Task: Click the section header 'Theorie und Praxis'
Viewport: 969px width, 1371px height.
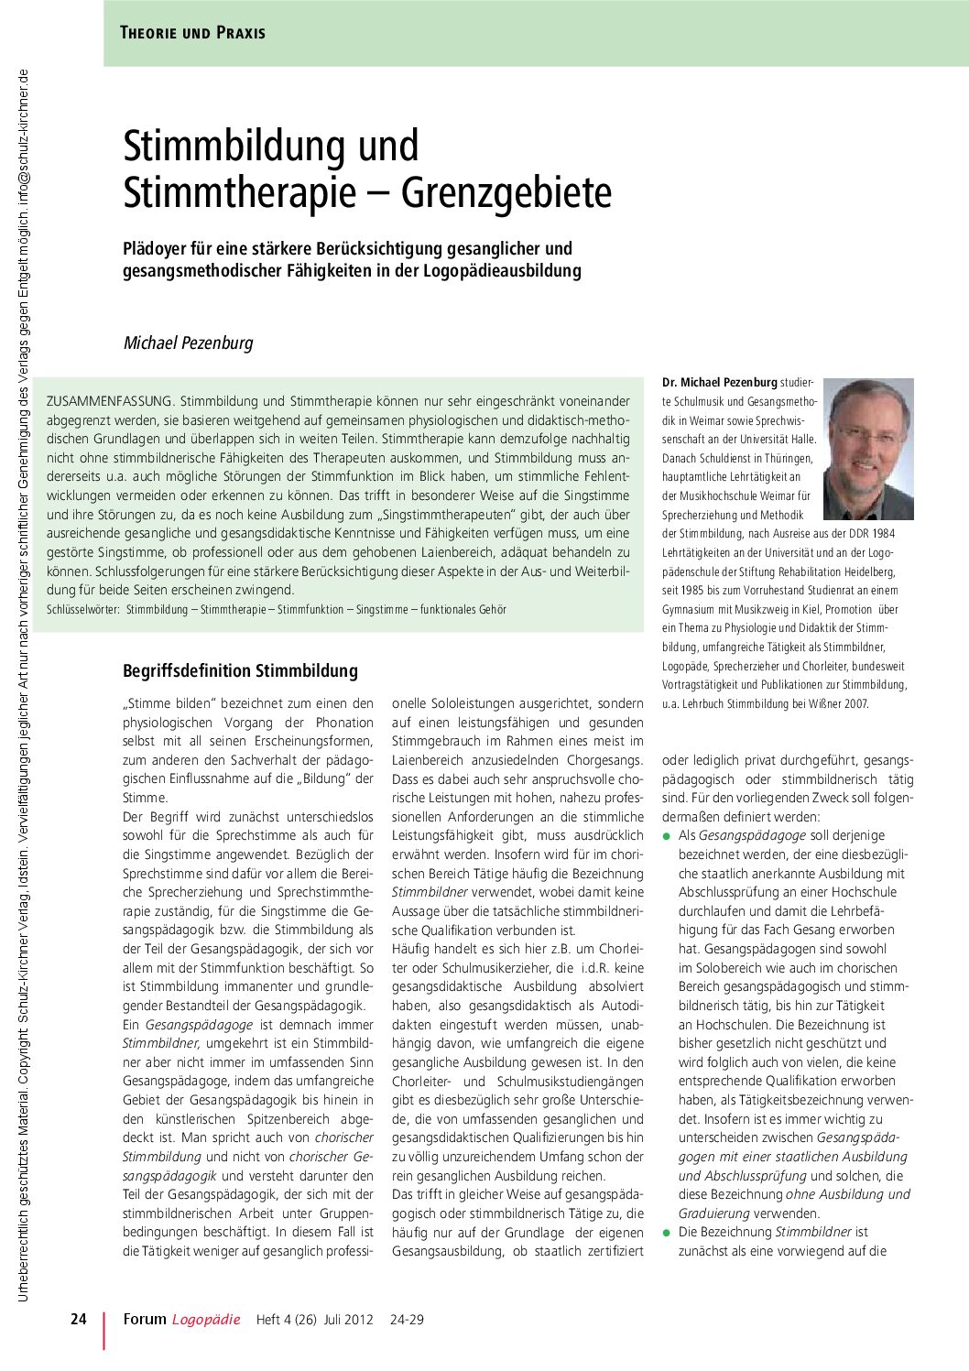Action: (192, 33)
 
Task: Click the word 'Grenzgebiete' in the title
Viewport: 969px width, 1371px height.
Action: (506, 192)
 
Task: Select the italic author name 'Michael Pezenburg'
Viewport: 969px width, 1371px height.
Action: (188, 343)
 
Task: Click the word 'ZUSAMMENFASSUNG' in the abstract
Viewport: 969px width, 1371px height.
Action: (109, 401)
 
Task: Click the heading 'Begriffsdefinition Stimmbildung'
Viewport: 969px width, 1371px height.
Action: (240, 671)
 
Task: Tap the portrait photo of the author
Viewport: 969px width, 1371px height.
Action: (868, 449)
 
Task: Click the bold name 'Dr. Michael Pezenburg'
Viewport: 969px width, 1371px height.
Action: (719, 383)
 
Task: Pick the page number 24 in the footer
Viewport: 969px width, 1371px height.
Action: (79, 1319)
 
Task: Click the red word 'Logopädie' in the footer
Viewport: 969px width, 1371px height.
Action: (206, 1320)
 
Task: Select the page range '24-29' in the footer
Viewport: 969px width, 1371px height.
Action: (407, 1320)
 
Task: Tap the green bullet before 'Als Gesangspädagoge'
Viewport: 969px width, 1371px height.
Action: (667, 836)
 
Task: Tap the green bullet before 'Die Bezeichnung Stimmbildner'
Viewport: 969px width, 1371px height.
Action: (667, 1233)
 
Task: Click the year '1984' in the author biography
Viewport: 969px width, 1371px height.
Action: (882, 534)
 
